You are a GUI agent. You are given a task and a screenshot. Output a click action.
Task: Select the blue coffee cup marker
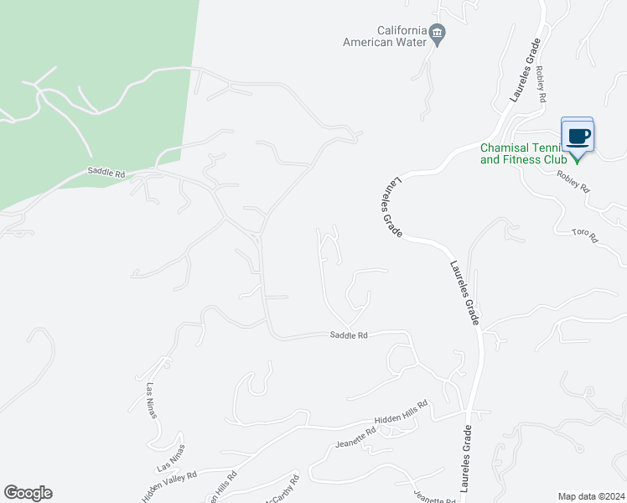pos(577,135)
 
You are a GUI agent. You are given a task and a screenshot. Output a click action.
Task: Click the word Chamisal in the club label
pos(505,148)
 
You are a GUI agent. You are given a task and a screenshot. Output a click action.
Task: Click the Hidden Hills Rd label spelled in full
pos(401,412)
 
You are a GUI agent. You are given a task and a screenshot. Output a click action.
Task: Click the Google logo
pos(28,493)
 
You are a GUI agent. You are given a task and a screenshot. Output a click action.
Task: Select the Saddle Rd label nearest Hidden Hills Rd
pos(349,335)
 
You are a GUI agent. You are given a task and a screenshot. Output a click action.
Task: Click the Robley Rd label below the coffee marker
pos(574,182)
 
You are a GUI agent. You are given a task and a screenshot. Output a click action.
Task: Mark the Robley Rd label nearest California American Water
pos(541,86)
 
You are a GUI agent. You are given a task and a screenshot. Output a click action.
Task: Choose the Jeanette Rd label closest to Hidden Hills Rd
pos(356,437)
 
